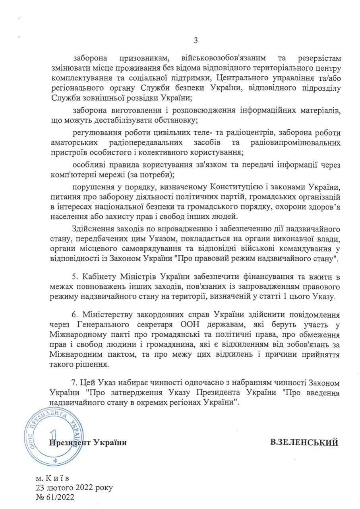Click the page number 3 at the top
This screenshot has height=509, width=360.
pos(195,40)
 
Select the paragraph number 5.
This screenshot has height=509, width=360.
pos(75,276)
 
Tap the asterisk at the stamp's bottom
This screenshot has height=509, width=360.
pos(55,460)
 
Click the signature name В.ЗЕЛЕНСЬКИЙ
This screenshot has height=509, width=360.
pos(304,442)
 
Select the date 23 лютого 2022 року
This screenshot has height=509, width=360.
pos(74,487)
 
